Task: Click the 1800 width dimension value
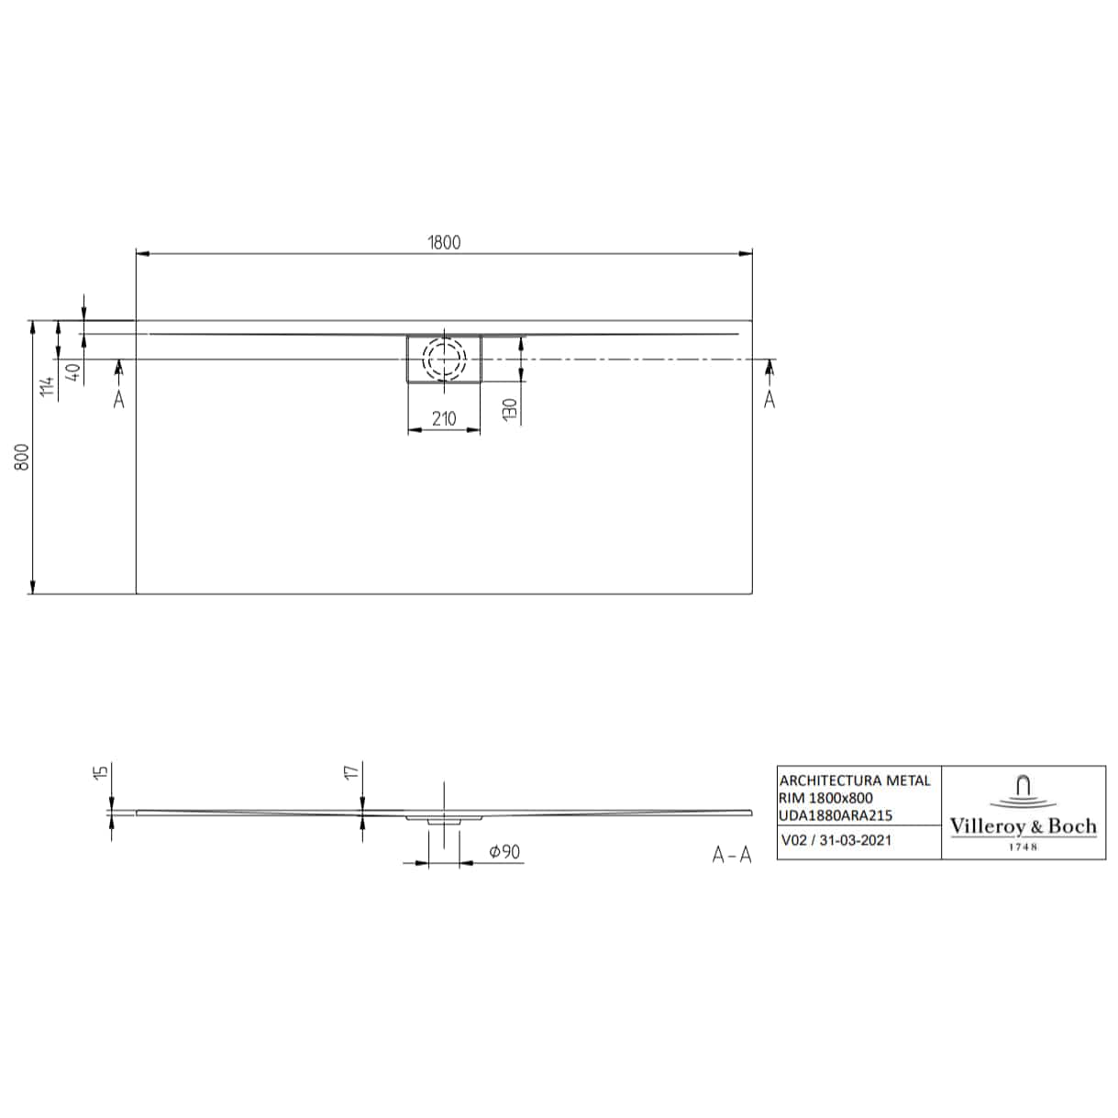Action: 445,242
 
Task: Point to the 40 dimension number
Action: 73,371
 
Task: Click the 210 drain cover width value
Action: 445,418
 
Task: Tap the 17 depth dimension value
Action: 351,771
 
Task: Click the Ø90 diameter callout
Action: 504,852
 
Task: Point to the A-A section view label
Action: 732,855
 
